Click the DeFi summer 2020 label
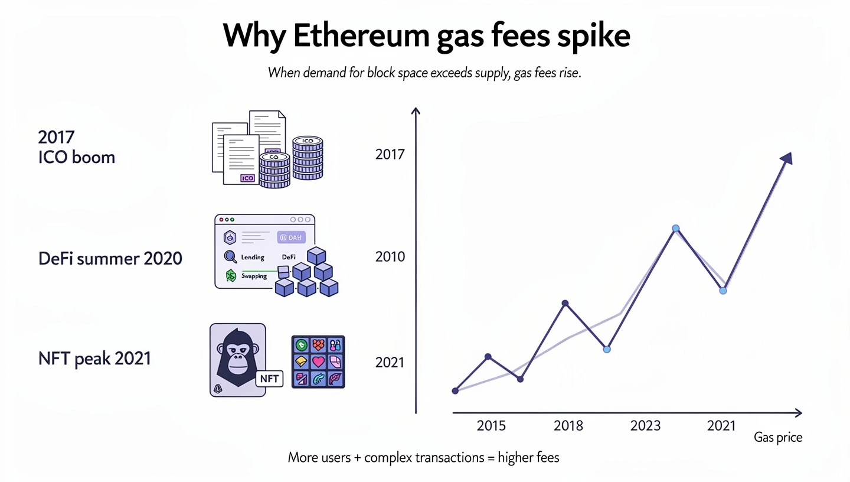pos(110,258)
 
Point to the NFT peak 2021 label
pos(94,358)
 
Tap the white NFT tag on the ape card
pos(269,378)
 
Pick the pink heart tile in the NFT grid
pos(318,361)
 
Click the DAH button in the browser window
pos(291,237)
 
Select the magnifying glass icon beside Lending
pos(230,257)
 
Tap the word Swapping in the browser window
pos(254,276)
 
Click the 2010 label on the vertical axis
pos(390,257)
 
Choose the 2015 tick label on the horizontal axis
pos(491,425)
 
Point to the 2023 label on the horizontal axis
pos(645,425)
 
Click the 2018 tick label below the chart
pos(568,425)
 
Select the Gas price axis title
pos(778,438)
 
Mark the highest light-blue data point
pos(676,228)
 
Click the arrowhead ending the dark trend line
pos(786,158)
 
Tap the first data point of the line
pos(455,390)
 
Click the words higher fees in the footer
pos(528,457)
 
